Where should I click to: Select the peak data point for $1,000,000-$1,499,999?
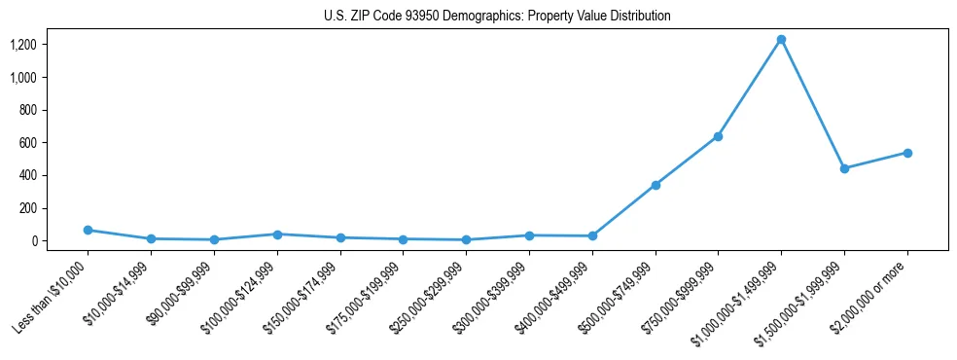tap(781, 39)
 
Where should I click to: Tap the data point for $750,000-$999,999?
tap(718, 136)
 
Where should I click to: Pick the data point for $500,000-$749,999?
tap(656, 185)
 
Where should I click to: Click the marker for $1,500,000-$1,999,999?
tap(844, 168)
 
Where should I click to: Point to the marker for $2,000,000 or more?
tap(907, 153)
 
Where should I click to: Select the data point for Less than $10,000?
tap(88, 230)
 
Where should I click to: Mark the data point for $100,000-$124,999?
tap(277, 234)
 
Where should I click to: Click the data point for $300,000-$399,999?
tap(529, 235)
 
